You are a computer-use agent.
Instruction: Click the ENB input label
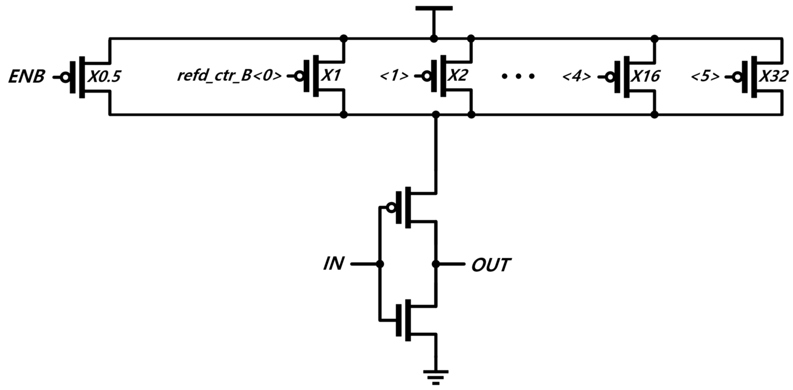pyautogui.click(x=27, y=77)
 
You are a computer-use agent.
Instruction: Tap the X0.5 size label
pyautogui.click(x=103, y=77)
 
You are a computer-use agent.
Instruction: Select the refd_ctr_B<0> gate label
pyautogui.click(x=229, y=76)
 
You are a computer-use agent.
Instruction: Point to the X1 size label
pyautogui.click(x=331, y=76)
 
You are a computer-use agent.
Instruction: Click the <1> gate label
pyautogui.click(x=394, y=76)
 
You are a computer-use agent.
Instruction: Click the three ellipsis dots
pyautogui.click(x=518, y=76)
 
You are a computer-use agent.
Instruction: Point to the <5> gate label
pyautogui.click(x=705, y=76)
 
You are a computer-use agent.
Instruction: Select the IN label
pyautogui.click(x=333, y=264)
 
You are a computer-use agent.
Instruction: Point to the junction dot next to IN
pyautogui.click(x=380, y=264)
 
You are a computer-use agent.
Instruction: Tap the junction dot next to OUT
pyautogui.click(x=435, y=264)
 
